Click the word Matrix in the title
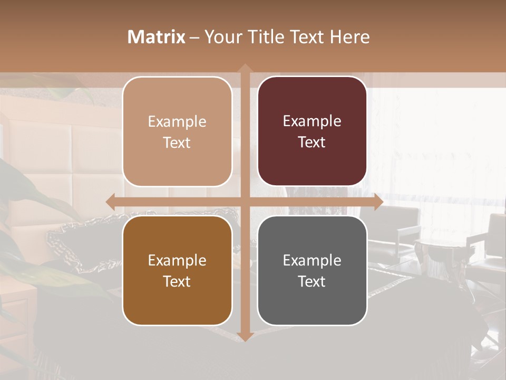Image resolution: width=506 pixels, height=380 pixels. click(157, 37)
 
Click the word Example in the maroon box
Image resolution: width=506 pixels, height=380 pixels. click(312, 121)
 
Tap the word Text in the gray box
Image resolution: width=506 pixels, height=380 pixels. click(312, 281)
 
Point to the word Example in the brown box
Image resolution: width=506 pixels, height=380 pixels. click(177, 260)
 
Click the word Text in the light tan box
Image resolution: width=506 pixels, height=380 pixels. click(177, 142)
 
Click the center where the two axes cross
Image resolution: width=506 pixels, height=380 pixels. click(245, 202)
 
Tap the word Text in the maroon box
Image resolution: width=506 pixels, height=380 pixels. click(312, 142)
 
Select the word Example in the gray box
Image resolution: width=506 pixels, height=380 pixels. click(312, 260)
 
